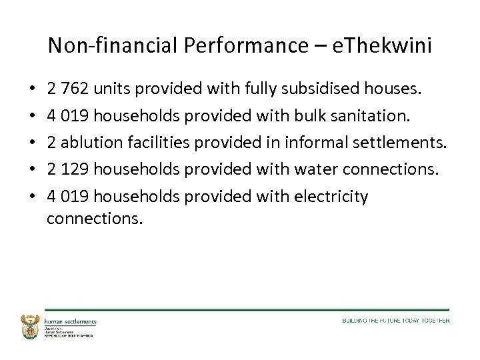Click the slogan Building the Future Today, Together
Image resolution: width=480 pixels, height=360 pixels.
tap(396, 321)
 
